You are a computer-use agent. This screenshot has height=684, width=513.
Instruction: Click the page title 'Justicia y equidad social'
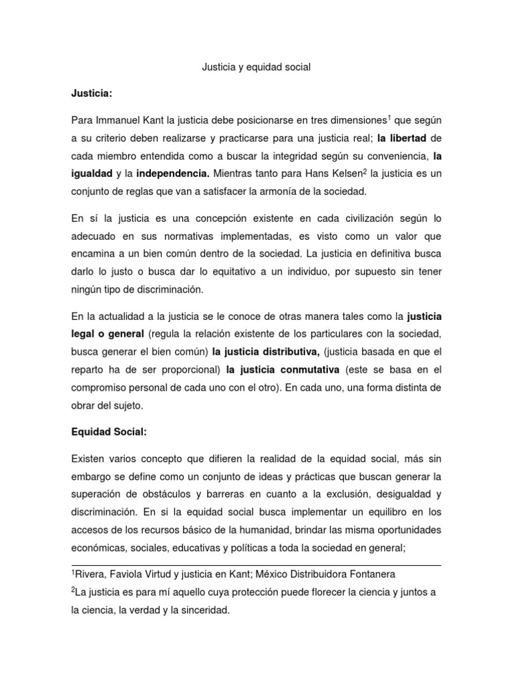pos(256,67)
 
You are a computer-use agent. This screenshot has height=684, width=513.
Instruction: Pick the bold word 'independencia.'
pos(173,174)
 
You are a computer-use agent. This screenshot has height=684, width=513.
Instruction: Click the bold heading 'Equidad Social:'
pos(108,432)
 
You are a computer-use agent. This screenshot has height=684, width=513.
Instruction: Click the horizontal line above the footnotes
pos(256,565)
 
